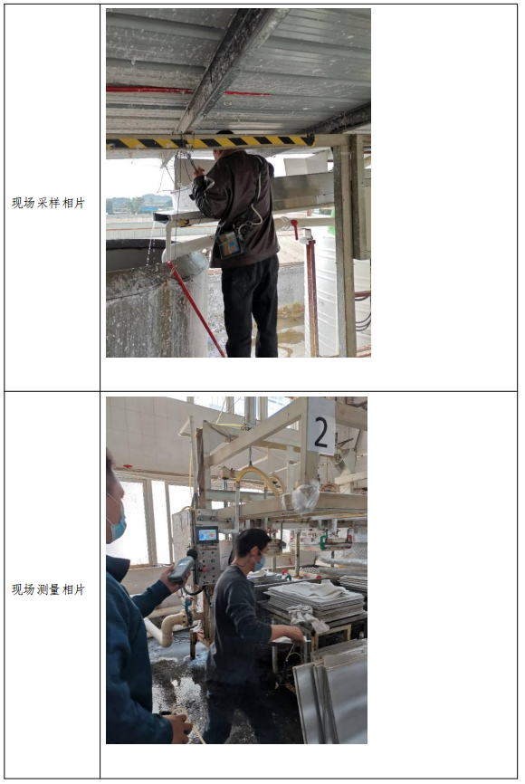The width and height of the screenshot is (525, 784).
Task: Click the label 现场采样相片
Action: point(49,203)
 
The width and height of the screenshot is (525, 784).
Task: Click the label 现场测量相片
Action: point(49,589)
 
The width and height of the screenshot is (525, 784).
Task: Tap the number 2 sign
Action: point(321,427)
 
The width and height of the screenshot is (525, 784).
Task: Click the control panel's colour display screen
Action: point(208,535)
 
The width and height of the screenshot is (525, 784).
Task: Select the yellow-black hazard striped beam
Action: point(211,142)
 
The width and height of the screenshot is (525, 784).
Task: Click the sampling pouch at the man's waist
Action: point(229,244)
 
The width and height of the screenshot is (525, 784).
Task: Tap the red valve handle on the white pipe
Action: point(294,228)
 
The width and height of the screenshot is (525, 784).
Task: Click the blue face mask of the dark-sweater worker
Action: point(259,563)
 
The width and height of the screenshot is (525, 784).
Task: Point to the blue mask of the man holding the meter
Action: point(117,522)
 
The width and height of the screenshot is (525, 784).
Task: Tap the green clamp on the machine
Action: point(324,540)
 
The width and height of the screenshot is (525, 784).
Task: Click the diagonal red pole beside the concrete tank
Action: point(196,309)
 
